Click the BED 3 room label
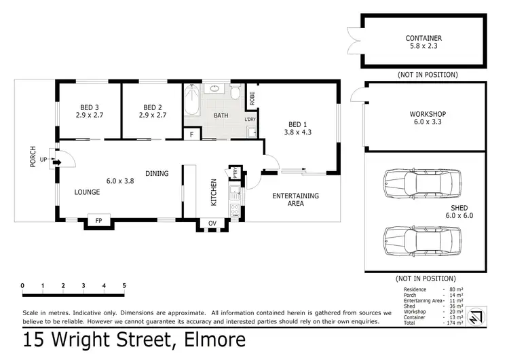click(88, 107)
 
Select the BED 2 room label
click(155, 107)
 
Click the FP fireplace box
click(98, 220)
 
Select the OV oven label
click(212, 223)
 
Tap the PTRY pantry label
click(235, 174)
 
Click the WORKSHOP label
click(426, 114)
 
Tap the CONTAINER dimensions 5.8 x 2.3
click(423, 47)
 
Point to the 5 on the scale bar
click(124, 285)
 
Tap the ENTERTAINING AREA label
click(295, 200)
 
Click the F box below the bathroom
click(192, 134)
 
